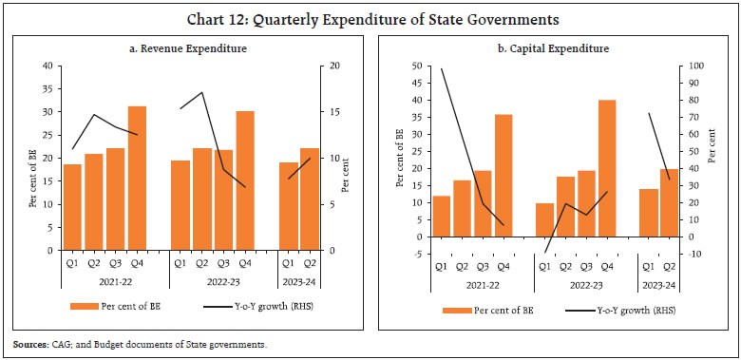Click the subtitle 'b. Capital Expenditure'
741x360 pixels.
(x=556, y=47)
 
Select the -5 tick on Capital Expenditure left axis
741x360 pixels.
(x=416, y=254)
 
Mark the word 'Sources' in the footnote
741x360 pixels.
(x=28, y=343)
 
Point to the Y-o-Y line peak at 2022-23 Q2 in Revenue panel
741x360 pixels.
(x=201, y=92)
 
